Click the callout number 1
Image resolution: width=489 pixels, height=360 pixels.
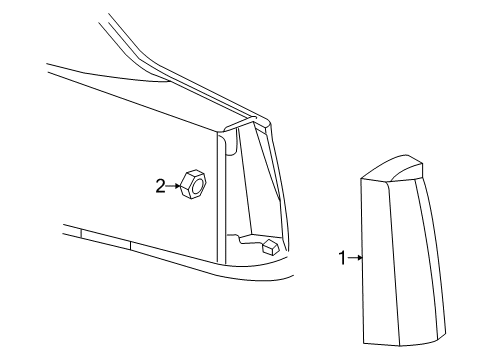click(341, 258)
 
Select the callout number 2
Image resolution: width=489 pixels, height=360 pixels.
click(159, 184)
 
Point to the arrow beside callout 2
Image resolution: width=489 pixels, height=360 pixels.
click(171, 184)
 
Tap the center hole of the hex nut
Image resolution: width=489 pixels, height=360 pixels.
click(196, 184)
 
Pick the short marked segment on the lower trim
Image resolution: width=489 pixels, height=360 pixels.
click(105, 239)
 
